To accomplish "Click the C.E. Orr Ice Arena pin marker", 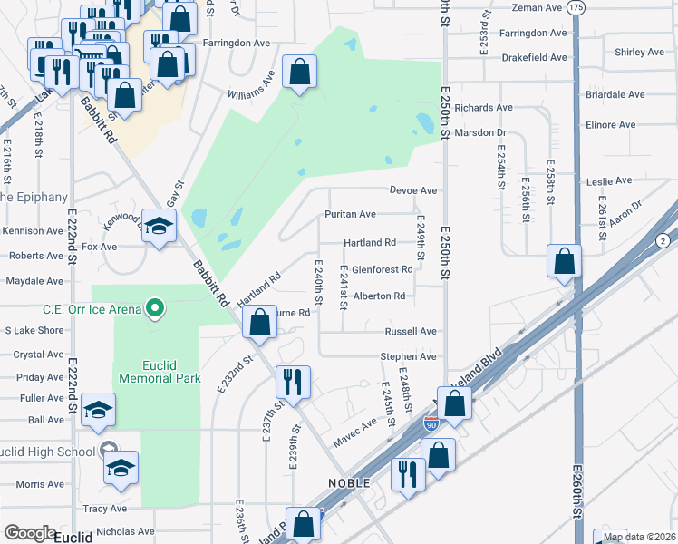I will (x=155, y=309).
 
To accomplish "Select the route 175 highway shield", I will (x=576, y=7).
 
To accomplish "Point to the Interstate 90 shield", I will (x=431, y=423).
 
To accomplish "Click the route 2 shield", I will (x=663, y=239).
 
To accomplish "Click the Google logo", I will (x=30, y=533).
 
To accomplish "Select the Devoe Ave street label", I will (x=413, y=190).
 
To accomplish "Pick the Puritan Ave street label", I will (x=351, y=214).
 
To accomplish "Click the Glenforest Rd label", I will (x=383, y=269).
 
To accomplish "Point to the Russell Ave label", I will (x=411, y=332).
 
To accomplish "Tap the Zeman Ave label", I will (x=538, y=7).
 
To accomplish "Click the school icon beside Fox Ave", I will (x=160, y=228).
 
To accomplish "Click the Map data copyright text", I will (x=637, y=537).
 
